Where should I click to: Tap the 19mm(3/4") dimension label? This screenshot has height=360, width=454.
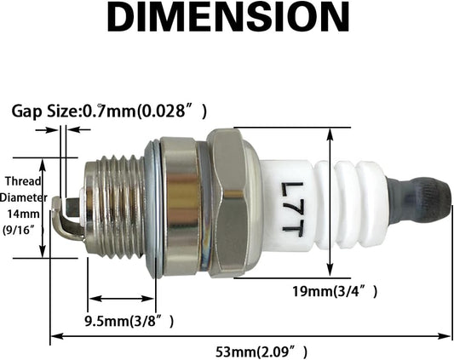(335, 291)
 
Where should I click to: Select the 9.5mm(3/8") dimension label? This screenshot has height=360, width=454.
(129, 321)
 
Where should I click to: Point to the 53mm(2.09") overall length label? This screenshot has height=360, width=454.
(261, 352)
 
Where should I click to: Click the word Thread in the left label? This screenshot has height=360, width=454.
(24, 181)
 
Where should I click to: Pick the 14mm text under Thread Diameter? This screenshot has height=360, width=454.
(23, 214)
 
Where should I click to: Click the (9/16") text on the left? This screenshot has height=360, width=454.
(23, 231)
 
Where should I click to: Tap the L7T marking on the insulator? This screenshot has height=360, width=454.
(292, 207)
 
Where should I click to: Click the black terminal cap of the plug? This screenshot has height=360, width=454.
(420, 201)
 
